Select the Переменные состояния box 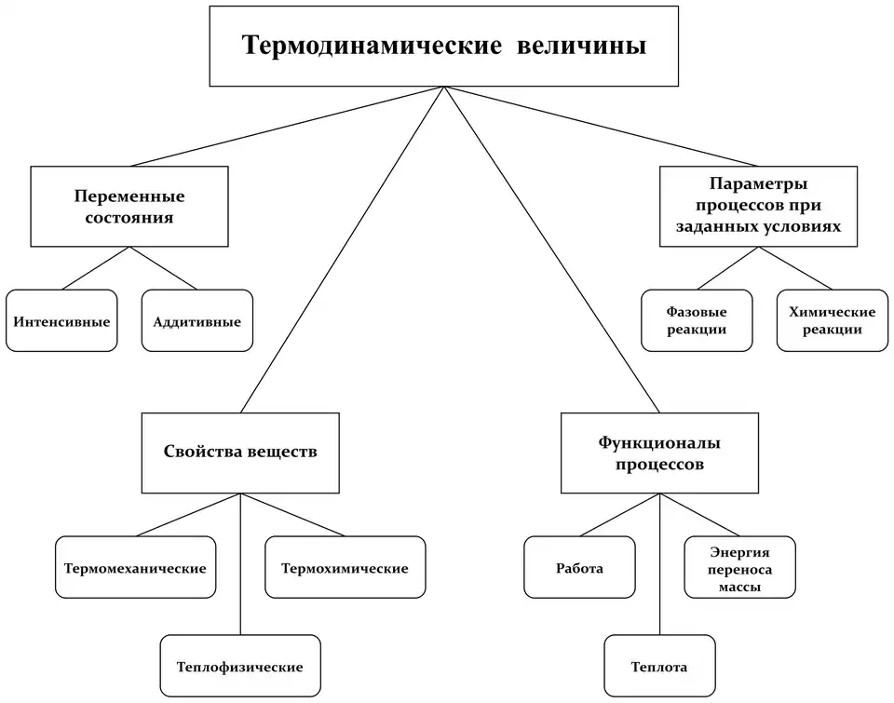[x=129, y=207]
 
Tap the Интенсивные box [x=61, y=321]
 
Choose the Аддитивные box [x=196, y=321]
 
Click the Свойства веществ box [x=240, y=453]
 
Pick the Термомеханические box [x=135, y=567]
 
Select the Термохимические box [x=345, y=567]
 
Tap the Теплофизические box [x=240, y=667]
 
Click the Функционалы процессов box [x=659, y=453]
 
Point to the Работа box [x=579, y=567]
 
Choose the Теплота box [x=659, y=667]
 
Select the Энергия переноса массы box [x=739, y=567]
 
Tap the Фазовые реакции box [x=697, y=320]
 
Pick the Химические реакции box [x=832, y=320]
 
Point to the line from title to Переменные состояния [x=279, y=128]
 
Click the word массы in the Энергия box [x=740, y=588]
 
